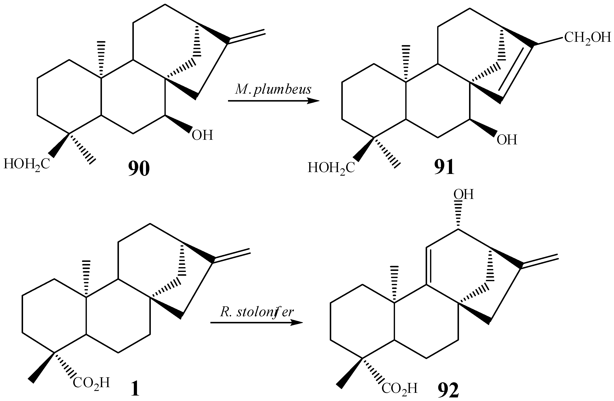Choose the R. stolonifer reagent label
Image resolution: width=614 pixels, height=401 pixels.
point(257,312)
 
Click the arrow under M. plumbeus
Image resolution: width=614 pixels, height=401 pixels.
point(274,101)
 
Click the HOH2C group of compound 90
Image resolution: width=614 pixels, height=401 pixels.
point(27,164)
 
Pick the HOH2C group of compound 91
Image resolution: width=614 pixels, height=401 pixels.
point(331,168)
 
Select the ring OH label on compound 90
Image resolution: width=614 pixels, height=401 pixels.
point(202,135)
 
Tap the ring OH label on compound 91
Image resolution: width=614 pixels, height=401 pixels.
point(507,140)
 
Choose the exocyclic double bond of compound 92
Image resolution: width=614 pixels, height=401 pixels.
point(540,262)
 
